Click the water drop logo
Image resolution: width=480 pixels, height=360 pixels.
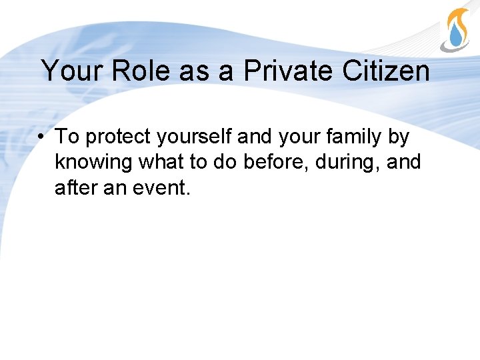(456, 30)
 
